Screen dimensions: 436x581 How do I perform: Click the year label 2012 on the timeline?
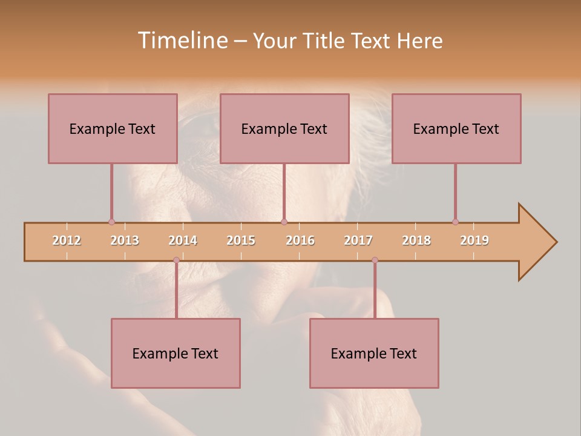click(x=67, y=240)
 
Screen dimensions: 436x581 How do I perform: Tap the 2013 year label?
click(x=125, y=240)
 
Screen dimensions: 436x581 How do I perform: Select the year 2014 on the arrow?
click(x=183, y=240)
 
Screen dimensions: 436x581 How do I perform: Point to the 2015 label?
click(x=241, y=240)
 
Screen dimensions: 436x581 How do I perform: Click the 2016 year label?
click(x=300, y=240)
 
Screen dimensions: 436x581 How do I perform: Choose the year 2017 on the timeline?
click(x=358, y=240)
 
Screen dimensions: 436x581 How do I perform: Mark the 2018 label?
click(x=416, y=240)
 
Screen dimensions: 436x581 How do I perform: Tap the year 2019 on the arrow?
click(x=474, y=240)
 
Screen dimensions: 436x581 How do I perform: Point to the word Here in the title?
click(x=419, y=41)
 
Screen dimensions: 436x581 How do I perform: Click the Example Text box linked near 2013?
click(x=113, y=128)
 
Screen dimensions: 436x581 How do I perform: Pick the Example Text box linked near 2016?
click(x=284, y=128)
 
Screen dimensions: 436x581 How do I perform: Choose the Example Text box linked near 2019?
click(x=456, y=128)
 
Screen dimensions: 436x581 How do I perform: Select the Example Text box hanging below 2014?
click(x=176, y=353)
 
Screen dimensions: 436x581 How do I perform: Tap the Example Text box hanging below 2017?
click(x=374, y=353)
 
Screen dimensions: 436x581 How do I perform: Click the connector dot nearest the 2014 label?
click(x=176, y=260)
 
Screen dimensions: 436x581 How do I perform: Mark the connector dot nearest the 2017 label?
click(x=375, y=260)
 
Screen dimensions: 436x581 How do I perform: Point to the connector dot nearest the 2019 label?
click(x=455, y=222)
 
